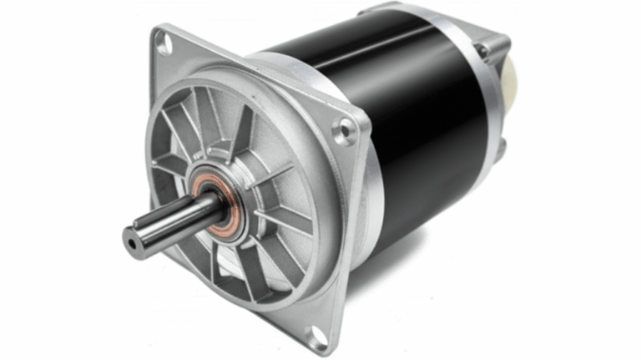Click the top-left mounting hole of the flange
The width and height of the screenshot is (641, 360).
coord(164,43)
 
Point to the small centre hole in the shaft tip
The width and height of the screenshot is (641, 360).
coord(130,242)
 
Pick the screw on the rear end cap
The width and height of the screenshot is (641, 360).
coord(482,51)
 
